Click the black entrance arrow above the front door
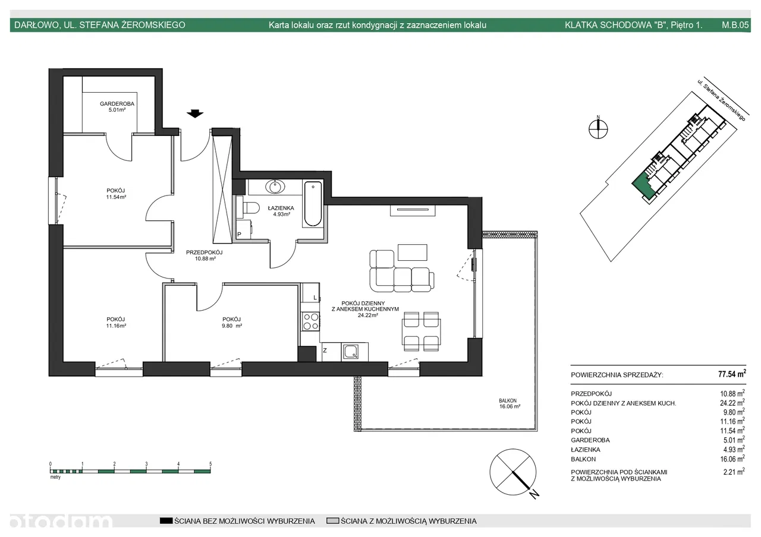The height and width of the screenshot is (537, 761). [x=194, y=113]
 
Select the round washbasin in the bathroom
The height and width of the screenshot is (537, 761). [x=275, y=187]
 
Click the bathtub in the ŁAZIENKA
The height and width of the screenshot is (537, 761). [x=313, y=204]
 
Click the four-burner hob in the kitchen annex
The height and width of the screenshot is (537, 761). [x=311, y=321]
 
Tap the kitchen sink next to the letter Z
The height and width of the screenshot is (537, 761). [x=351, y=352]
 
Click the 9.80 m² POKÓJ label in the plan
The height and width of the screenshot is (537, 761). [x=232, y=323]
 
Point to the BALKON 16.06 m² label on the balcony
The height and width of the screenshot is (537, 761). [x=510, y=403]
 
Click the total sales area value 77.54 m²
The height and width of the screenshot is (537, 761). [x=732, y=374]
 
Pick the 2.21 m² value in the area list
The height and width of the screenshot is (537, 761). [x=734, y=472]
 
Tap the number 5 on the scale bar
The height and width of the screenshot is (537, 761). [x=210, y=464]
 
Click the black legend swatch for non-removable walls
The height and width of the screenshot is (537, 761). [x=166, y=521]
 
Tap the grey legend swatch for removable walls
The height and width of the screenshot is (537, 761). [x=332, y=521]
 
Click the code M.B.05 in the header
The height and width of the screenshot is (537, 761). [x=735, y=25]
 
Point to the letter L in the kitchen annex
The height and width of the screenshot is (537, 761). [x=315, y=298]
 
